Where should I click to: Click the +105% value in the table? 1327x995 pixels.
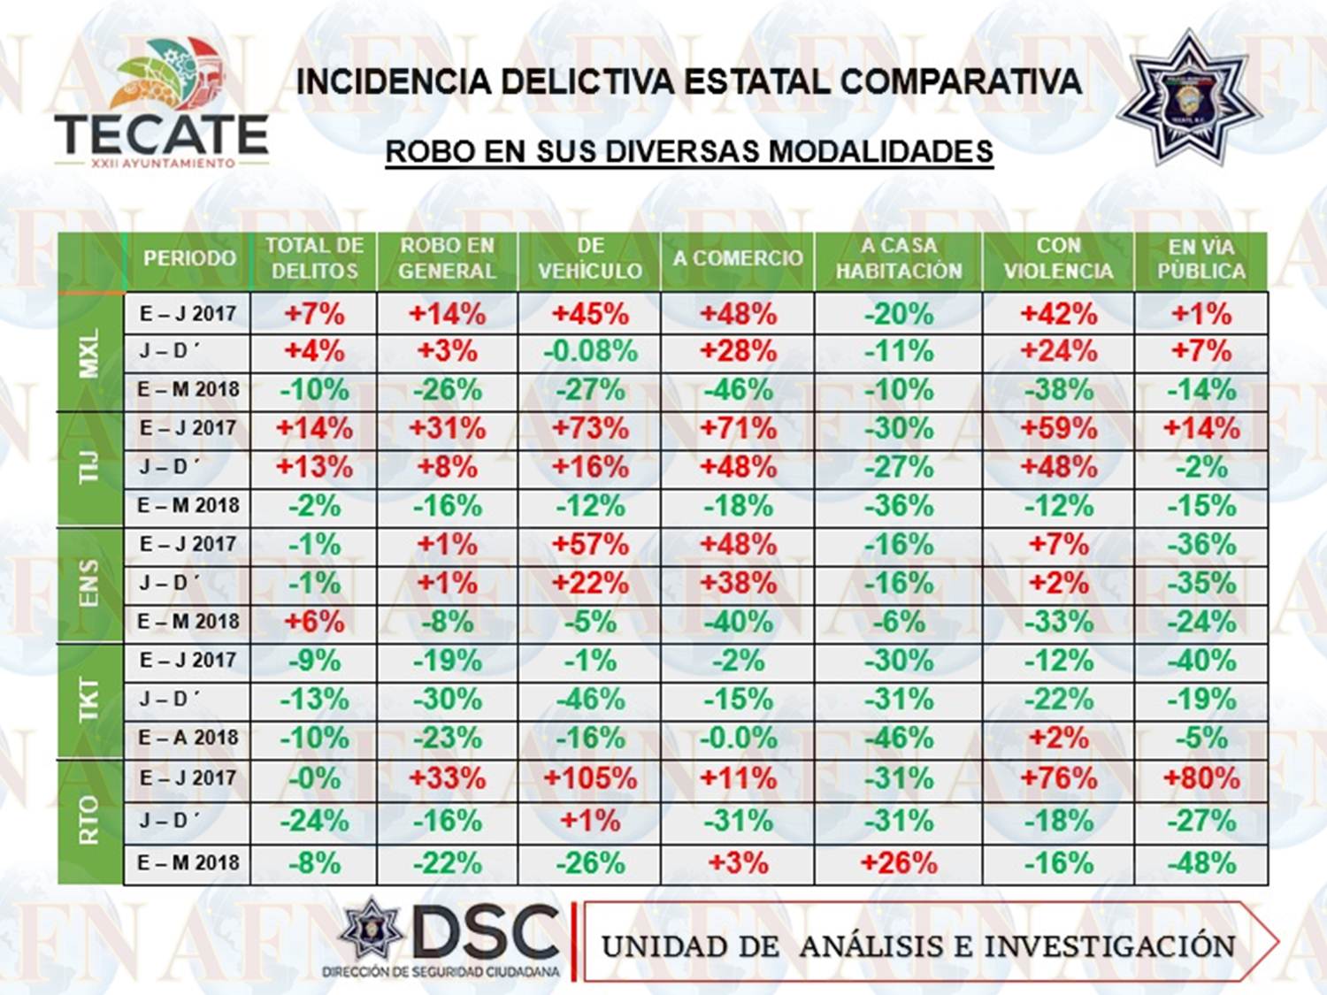pos(590,778)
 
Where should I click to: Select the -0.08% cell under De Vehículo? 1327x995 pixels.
pos(590,351)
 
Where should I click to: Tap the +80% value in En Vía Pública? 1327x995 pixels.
pos(1200,778)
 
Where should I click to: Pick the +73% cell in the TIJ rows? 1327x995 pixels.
pos(590,429)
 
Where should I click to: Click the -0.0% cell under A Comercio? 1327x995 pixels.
pos(739,738)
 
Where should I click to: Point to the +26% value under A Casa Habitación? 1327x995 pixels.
pos(899,862)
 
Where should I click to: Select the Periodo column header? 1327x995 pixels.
pos(189,258)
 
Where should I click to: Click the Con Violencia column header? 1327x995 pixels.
pos(1058,258)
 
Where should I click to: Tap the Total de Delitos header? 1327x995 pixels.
pos(314,258)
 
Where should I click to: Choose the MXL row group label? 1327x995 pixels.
pos(89,352)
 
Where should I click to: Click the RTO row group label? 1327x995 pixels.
pos(89,820)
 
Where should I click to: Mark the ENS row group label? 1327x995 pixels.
pos(89,583)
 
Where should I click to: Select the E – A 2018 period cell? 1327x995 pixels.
pos(188,738)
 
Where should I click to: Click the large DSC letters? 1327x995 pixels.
pos(487,933)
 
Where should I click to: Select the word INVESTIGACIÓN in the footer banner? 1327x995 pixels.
pos(1109,945)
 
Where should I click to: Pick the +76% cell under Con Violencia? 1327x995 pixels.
pos(1058,778)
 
